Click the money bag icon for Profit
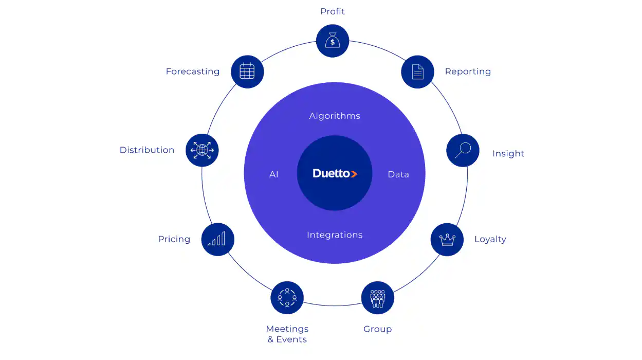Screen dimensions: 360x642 pyautogui.click(x=333, y=41)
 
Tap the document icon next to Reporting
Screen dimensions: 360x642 pyautogui.click(x=417, y=71)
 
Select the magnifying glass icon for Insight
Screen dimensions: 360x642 pyautogui.click(x=463, y=150)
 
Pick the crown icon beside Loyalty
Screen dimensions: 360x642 pyautogui.click(x=447, y=239)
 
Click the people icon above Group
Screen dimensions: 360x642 pyautogui.click(x=378, y=298)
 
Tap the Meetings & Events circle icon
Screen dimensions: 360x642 pyautogui.click(x=287, y=298)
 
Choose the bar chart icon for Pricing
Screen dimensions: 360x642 pyautogui.click(x=217, y=239)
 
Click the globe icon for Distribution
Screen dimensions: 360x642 pyautogui.click(x=202, y=150)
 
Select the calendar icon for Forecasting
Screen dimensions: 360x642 pyautogui.click(x=247, y=71)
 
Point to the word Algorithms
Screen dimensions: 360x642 pyautogui.click(x=335, y=116)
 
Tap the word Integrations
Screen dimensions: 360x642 pyautogui.click(x=335, y=235)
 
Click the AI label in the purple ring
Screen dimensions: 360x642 pyautogui.click(x=273, y=175)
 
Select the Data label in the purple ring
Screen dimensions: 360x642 pyautogui.click(x=398, y=175)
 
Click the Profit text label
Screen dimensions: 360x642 pyautogui.click(x=333, y=11)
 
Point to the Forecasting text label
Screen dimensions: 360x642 pyautogui.click(x=192, y=72)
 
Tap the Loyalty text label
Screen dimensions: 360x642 pyautogui.click(x=490, y=239)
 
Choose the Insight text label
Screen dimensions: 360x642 pyautogui.click(x=508, y=154)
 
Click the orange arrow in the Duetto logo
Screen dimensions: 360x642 pyautogui.click(x=354, y=174)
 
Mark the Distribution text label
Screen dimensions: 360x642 pyautogui.click(x=146, y=150)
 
